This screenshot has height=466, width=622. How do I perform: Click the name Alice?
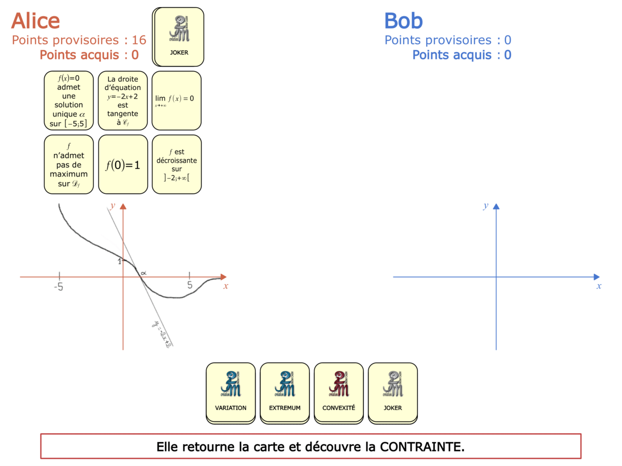tap(35, 21)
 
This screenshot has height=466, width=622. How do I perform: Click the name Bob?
tap(403, 21)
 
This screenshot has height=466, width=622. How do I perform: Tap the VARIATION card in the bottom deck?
tap(231, 393)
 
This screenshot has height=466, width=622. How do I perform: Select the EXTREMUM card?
tap(285, 393)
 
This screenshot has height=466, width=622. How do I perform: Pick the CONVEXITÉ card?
tap(338, 393)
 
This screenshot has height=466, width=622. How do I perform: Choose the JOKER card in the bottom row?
tap(392, 393)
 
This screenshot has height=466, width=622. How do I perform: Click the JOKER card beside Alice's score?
tap(179, 37)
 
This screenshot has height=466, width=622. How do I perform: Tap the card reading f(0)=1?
tap(123, 165)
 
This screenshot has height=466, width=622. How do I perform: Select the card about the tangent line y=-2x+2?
tap(123, 100)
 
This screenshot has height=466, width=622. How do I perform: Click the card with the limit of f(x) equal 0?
tap(176, 100)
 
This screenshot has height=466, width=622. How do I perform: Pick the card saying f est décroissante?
tap(176, 165)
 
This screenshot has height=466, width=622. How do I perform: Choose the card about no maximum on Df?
tap(69, 165)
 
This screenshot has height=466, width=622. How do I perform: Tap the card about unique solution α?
tap(69, 100)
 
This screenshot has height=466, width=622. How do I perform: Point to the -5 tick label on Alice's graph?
tap(59, 286)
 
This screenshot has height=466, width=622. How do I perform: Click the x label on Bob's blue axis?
tap(599, 286)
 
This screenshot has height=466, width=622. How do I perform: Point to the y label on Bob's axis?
tap(486, 206)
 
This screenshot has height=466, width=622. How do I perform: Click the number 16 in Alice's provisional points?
tap(139, 40)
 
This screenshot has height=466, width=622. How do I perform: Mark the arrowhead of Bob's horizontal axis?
tap(596, 277)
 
